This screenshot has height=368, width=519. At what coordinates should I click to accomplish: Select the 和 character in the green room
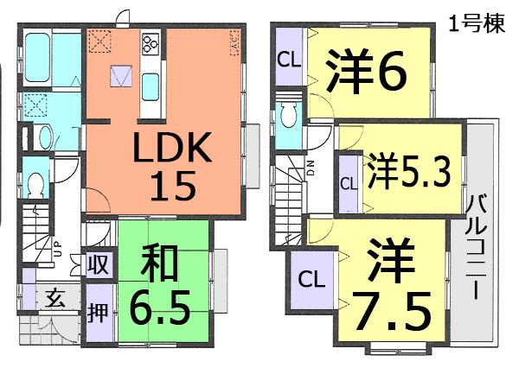coord(162,259)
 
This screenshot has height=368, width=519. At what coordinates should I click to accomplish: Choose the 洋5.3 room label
coord(407,169)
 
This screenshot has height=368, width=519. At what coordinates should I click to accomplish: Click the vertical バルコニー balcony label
coord(475,247)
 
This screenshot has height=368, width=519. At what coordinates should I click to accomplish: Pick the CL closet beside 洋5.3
coord(348,183)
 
